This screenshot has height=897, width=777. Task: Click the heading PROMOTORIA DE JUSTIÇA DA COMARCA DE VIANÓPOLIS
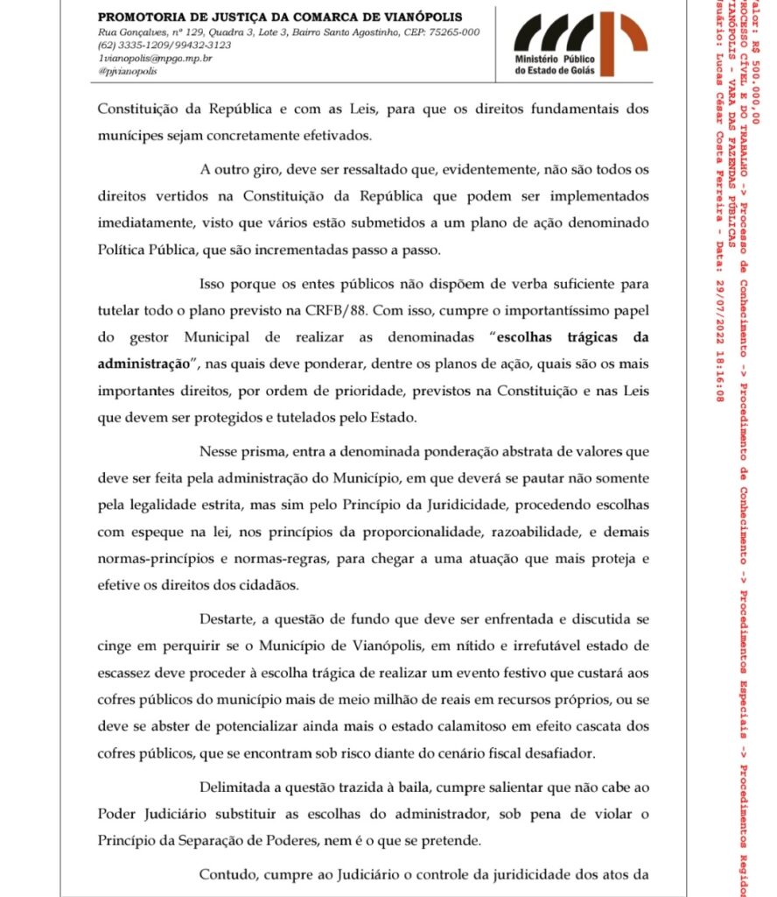(x=280, y=17)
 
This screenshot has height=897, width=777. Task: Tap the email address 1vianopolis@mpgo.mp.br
(x=154, y=58)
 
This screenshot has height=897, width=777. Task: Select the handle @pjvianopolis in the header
(x=128, y=71)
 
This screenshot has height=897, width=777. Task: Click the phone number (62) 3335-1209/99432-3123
(x=164, y=45)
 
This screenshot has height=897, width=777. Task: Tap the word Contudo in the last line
(x=226, y=874)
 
